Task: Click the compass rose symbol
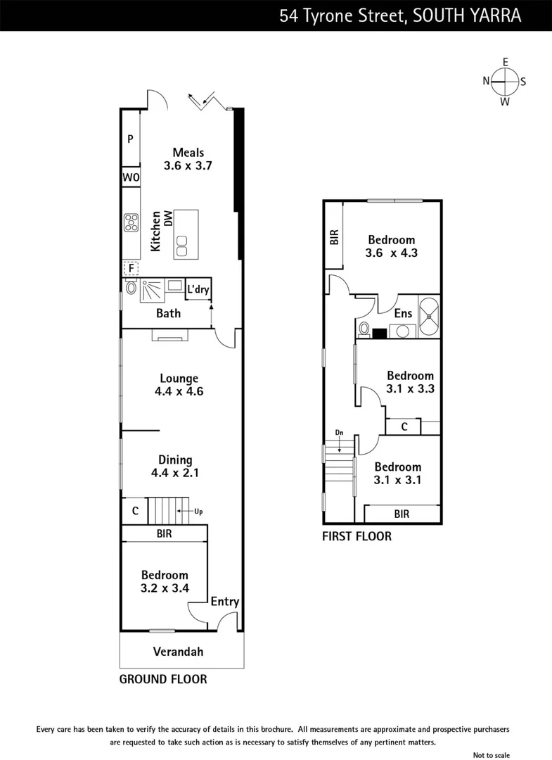[504, 82]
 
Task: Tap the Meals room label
[188, 152]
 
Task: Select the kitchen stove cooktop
[131, 223]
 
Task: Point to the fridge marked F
[130, 268]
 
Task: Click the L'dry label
[198, 289]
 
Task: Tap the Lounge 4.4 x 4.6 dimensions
[179, 391]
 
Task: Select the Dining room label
[175, 460]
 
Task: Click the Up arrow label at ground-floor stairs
[198, 511]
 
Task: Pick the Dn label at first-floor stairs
[339, 433]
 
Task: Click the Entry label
[225, 602]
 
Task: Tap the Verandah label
[179, 652]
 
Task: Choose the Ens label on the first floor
[403, 314]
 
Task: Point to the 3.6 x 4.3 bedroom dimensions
[392, 253]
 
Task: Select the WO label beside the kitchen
[131, 178]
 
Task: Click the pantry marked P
[130, 139]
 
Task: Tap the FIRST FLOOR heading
[357, 536]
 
